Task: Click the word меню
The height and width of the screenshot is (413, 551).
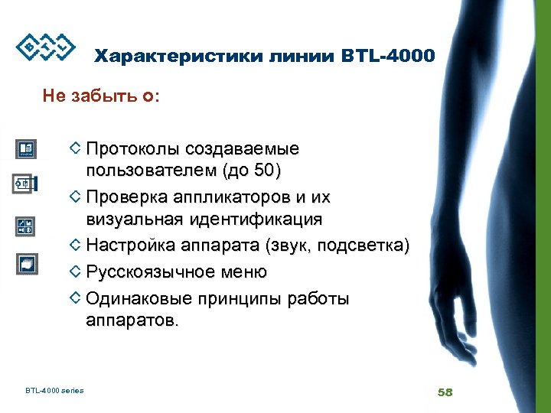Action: coord(243,272)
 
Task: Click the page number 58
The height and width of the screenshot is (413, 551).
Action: coord(445,392)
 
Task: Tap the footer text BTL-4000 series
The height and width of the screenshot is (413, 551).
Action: coord(54,391)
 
